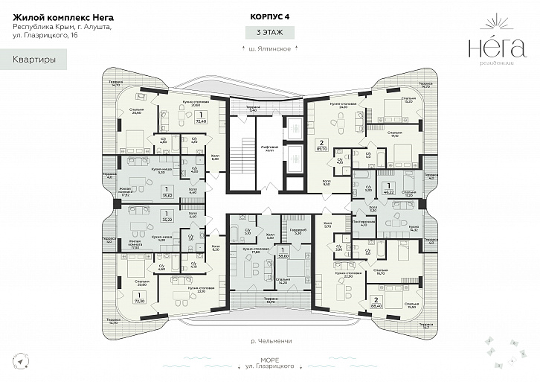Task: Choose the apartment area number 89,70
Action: [321, 148]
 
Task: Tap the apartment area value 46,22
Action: [387, 191]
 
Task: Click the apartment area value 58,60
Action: [283, 256]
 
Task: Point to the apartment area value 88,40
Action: [377, 305]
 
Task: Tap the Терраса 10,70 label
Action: [271, 301]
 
